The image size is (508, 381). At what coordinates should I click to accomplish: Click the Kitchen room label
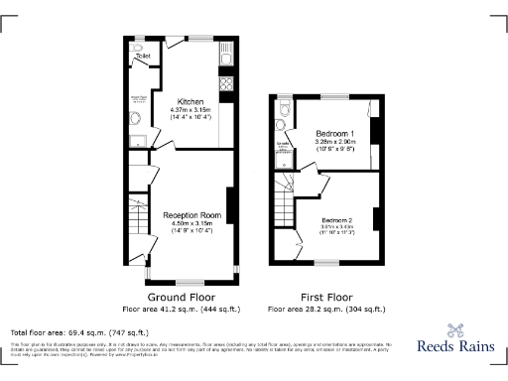(x=190, y=101)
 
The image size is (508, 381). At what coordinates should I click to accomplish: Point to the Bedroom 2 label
(x=336, y=219)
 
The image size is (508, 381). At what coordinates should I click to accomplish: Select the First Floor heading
(x=326, y=297)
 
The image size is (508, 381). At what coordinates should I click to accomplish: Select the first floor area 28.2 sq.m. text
(x=326, y=309)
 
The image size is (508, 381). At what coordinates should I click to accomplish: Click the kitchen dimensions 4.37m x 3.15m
(x=190, y=110)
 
